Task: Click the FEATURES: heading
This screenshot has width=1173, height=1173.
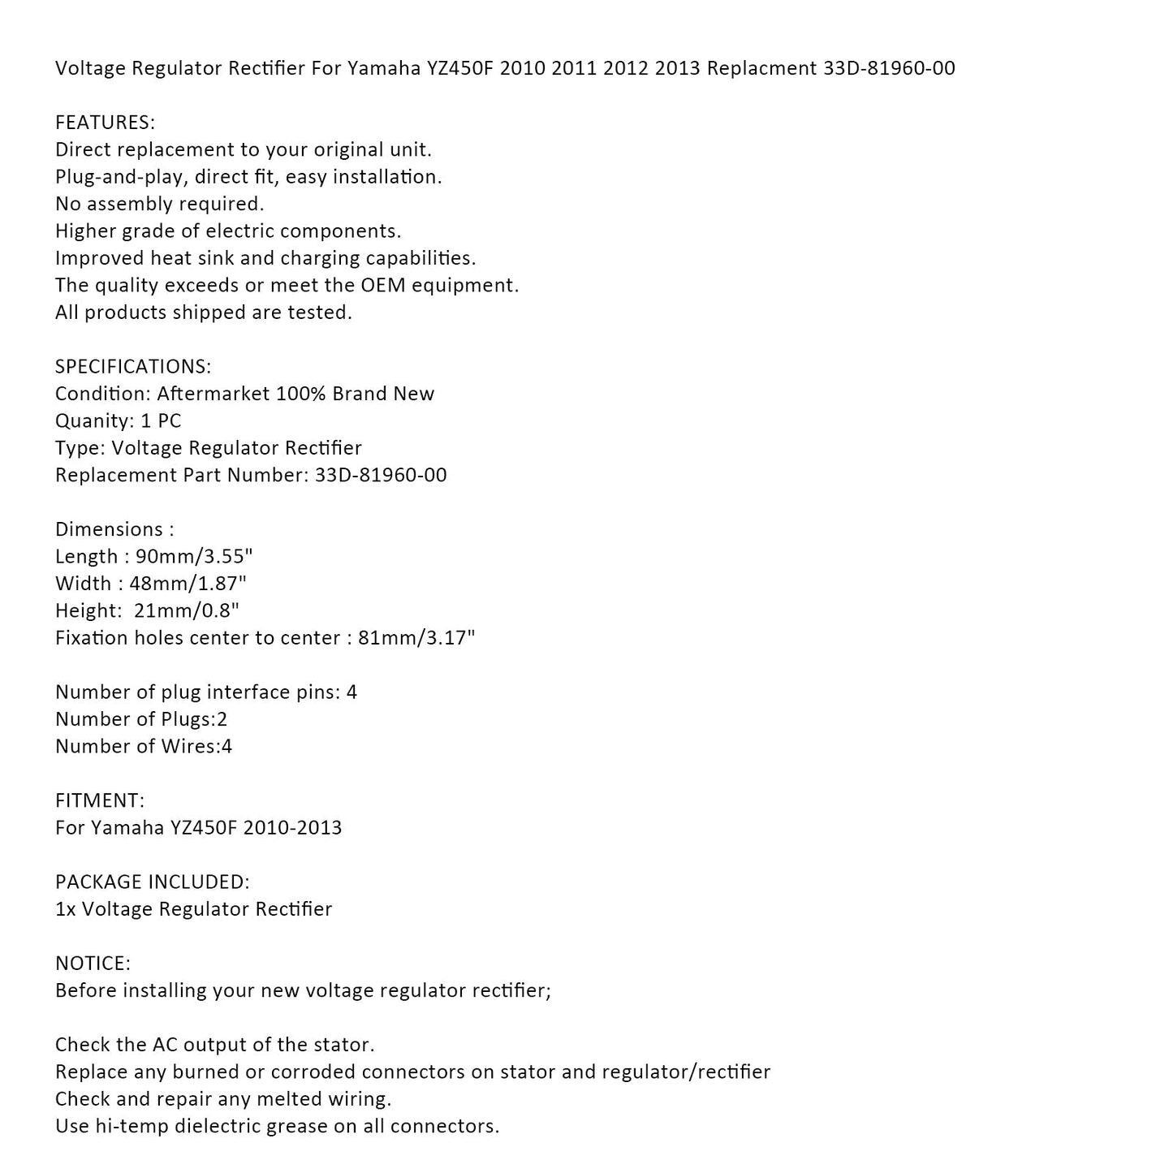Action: coord(105,123)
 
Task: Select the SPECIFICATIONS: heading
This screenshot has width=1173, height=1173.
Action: coord(133,367)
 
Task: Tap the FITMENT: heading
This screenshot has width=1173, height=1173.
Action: coord(100,800)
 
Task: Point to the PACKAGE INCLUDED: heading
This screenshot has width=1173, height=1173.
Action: coord(153,882)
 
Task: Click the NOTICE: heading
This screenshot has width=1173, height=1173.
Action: coord(93,964)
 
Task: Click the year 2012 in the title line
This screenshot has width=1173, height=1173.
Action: coord(626,68)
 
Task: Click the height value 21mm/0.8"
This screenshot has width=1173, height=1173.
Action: coord(187,610)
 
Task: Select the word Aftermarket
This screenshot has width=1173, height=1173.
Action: coord(213,394)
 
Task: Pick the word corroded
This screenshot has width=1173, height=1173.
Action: coord(313,1072)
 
